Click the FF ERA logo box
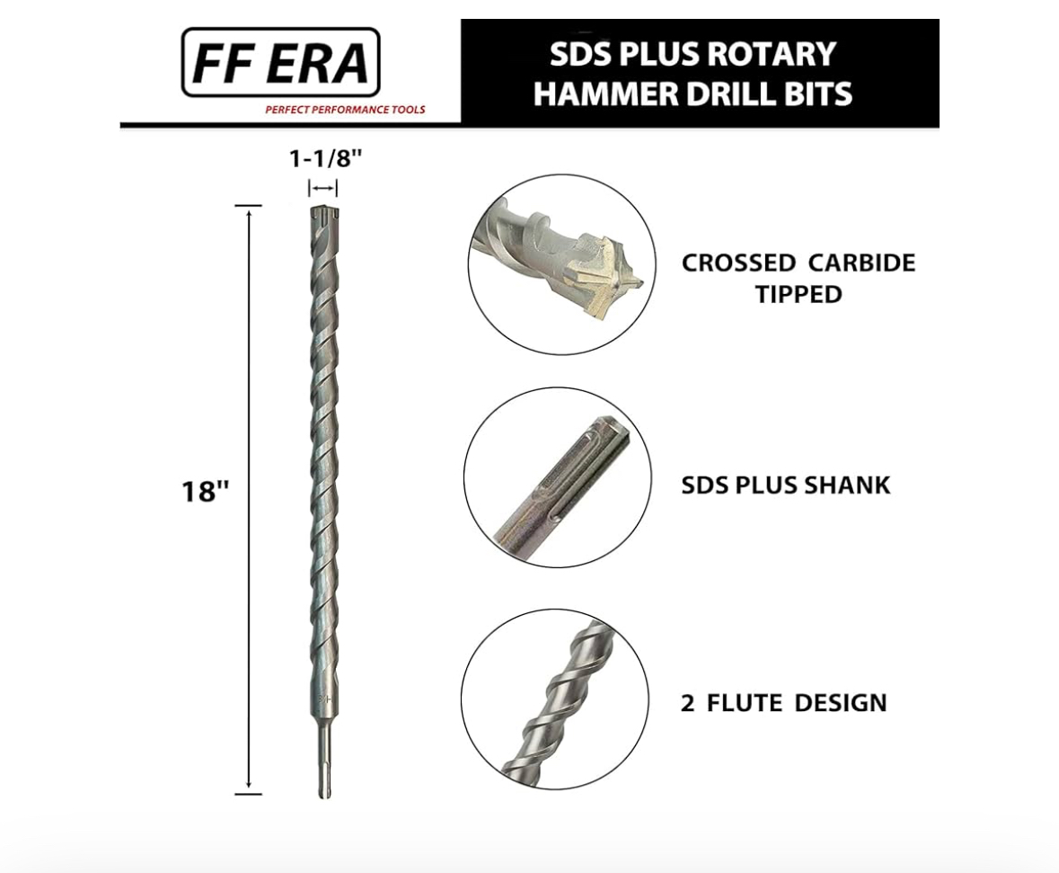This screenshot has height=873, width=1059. [x=281, y=62]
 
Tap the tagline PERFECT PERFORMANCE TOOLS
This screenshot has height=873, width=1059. [x=345, y=110]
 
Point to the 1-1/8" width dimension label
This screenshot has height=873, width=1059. [x=325, y=158]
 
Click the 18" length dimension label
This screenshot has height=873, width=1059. [x=206, y=492]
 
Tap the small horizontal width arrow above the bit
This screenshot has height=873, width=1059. [x=322, y=188]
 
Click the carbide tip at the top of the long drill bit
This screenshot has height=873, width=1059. [x=324, y=214]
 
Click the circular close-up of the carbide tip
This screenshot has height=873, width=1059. [x=562, y=263]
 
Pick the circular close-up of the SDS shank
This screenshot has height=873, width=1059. [x=558, y=477]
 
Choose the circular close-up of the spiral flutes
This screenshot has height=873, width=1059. [x=555, y=699]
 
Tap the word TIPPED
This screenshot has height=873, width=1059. [x=799, y=294]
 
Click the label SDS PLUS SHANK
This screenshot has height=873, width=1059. [x=785, y=485]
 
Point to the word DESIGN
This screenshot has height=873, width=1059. [x=840, y=702]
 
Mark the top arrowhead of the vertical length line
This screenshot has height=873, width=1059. [x=249, y=212]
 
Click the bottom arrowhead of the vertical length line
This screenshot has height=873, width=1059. [x=249, y=786]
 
